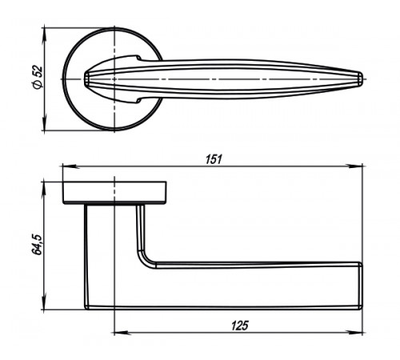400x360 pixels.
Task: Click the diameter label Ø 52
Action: tap(38, 77)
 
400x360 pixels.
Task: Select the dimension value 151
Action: tap(214, 159)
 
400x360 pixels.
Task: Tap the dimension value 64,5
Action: tap(37, 245)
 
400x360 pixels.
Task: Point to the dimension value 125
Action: tap(239, 326)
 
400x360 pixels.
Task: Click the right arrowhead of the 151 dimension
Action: tap(355, 166)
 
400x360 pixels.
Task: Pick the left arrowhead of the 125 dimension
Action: tap(122, 333)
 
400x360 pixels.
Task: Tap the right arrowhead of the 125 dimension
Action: tap(355, 333)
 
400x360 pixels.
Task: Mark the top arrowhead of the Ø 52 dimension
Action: tap(45, 35)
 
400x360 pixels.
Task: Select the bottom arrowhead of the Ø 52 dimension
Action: tap(45, 122)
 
